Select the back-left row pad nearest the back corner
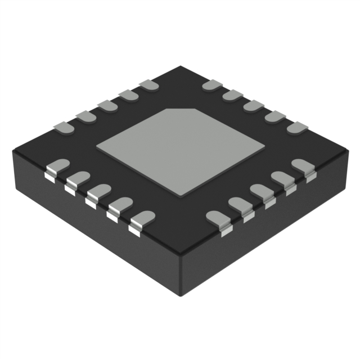[148, 86]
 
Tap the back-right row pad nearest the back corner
[211, 85]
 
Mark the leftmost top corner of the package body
[12, 150]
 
